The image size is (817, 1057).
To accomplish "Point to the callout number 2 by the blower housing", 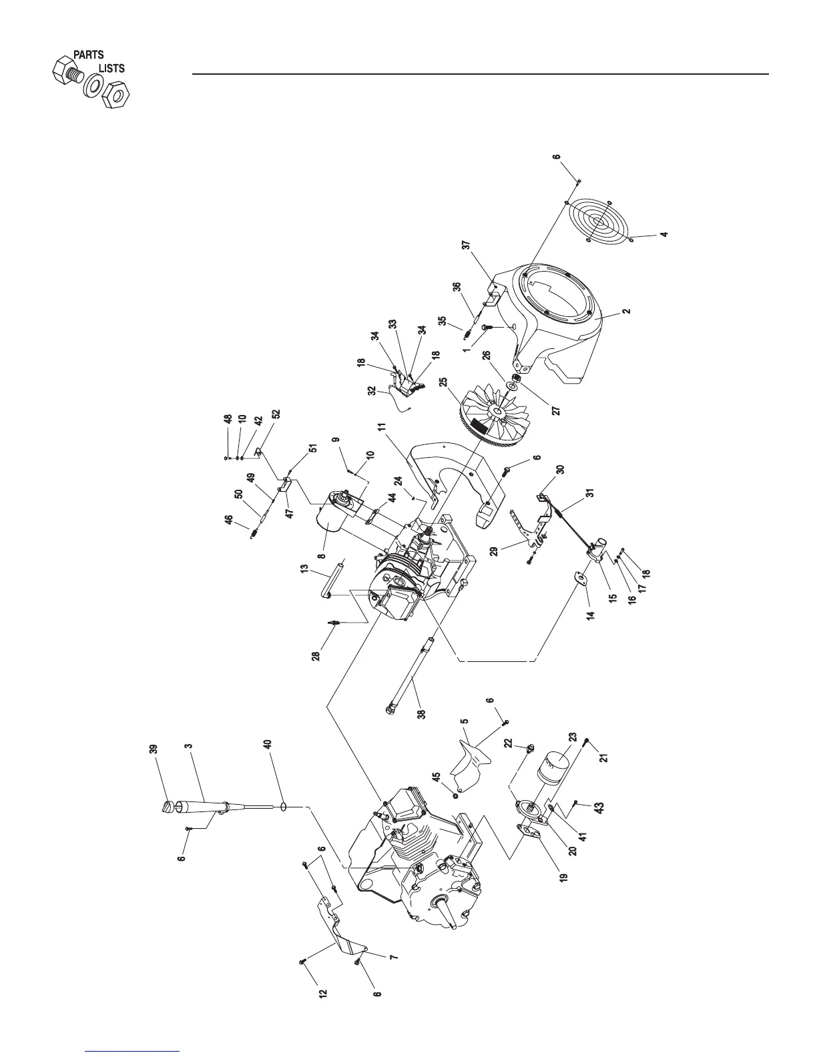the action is point(625,311).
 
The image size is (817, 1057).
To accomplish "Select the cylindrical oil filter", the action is point(552,768).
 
